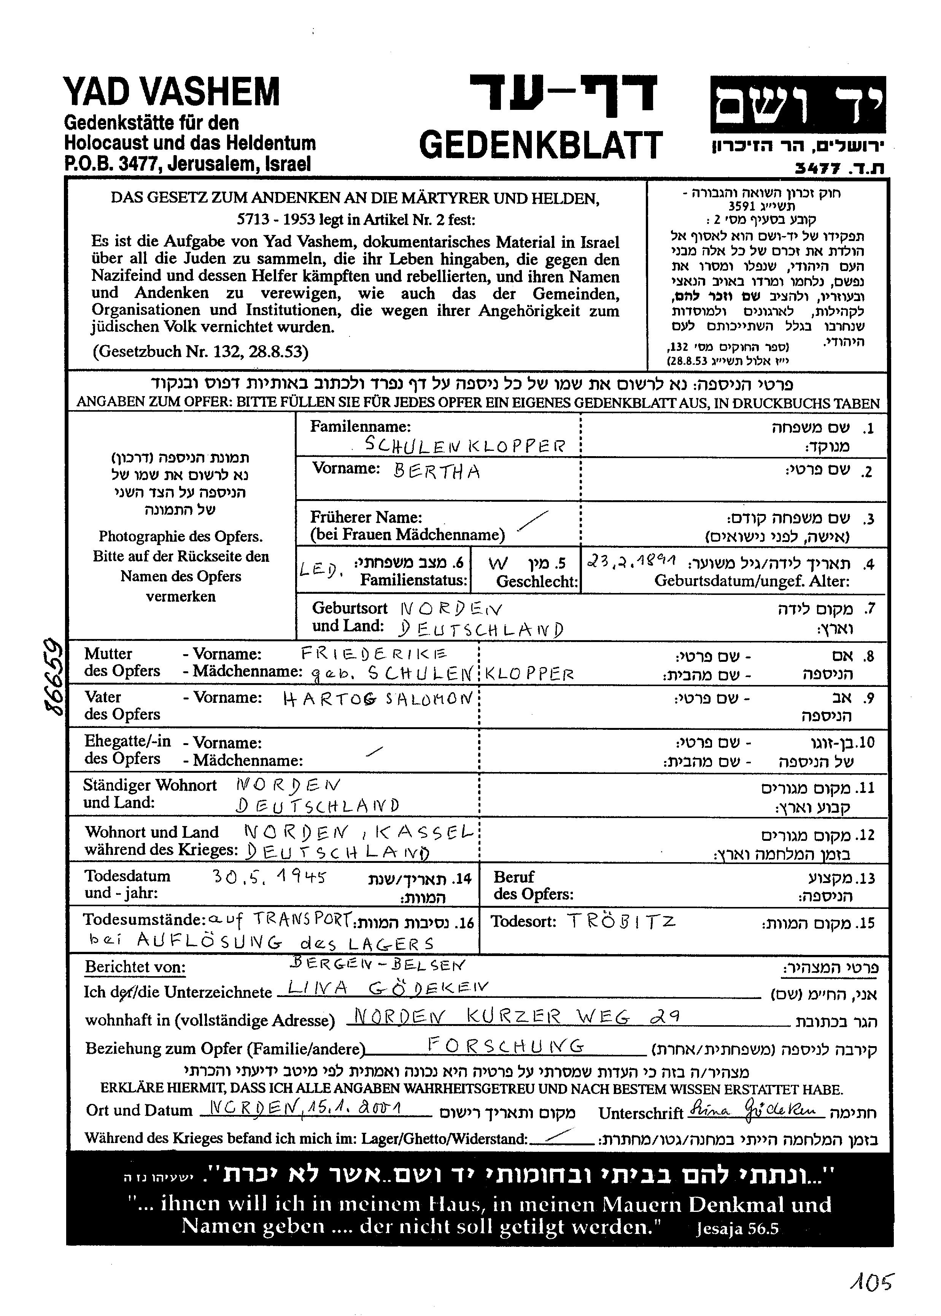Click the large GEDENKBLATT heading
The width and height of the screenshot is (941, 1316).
pyautogui.click(x=540, y=145)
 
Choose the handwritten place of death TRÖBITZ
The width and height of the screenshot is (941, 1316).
pyautogui.click(x=621, y=921)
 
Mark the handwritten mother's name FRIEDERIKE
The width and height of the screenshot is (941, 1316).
pyautogui.click(x=374, y=654)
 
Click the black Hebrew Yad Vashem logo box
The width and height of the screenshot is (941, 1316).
pyautogui.click(x=798, y=104)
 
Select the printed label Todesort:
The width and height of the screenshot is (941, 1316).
pyautogui.click(x=523, y=921)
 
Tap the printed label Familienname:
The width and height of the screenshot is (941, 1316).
pyautogui.click(x=361, y=427)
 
